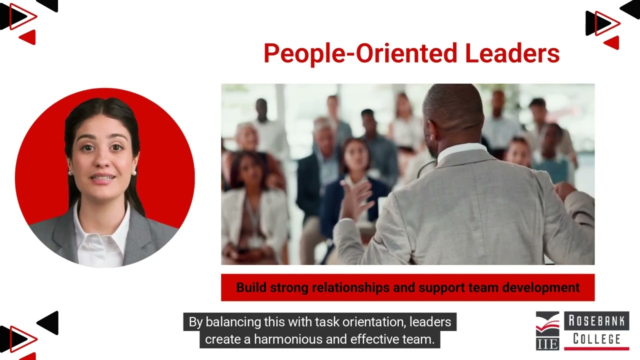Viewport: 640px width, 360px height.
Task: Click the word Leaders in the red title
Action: coord(512,53)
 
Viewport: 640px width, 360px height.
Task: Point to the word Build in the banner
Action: coord(251,287)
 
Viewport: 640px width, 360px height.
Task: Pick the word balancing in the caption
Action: coord(233,321)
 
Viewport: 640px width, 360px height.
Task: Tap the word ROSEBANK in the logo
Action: coord(596,321)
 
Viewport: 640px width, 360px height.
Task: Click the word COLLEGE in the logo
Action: coord(596,338)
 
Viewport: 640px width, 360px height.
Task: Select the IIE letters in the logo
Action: coord(547,343)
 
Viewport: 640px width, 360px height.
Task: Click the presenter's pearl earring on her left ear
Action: coord(134,173)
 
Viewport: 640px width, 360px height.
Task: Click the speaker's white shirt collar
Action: coord(460,149)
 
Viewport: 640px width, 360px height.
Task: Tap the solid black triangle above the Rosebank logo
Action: coord(629,9)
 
